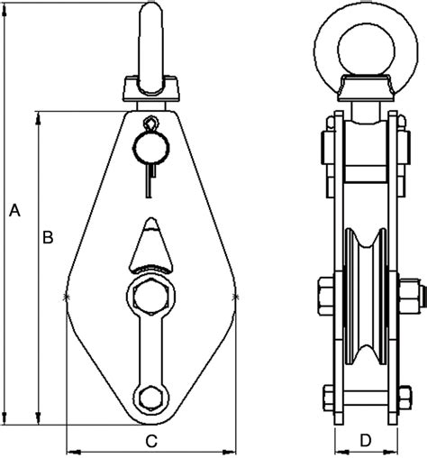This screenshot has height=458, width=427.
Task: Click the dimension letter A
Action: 13,211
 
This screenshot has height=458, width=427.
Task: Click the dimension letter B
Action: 49,237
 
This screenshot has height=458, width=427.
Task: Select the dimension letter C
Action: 152,440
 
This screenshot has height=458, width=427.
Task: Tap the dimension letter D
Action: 365,440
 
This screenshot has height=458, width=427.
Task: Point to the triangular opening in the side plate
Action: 150,247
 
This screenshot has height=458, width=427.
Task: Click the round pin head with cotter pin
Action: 151,143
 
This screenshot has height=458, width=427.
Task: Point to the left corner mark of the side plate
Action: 67,296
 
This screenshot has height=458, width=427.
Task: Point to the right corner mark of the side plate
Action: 236,296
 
